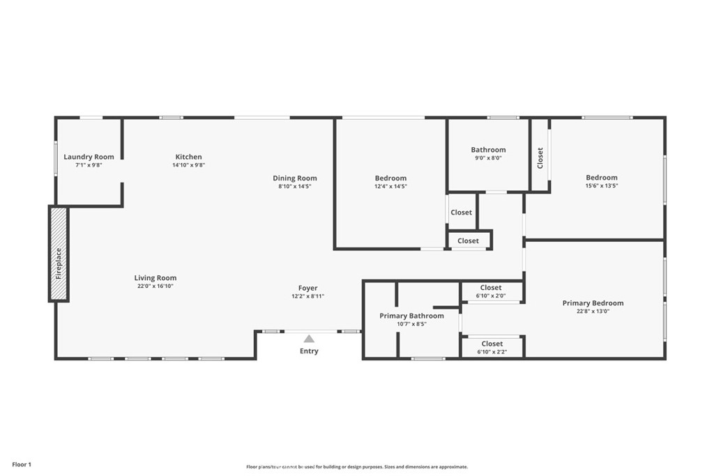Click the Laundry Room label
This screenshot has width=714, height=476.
pyautogui.click(x=89, y=157)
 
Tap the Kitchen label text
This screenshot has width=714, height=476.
pyautogui.click(x=188, y=157)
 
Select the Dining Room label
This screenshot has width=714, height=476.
pyautogui.click(x=294, y=178)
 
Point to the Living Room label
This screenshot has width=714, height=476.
pyautogui.click(x=155, y=278)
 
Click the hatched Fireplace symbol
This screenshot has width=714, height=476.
pyautogui.click(x=59, y=254)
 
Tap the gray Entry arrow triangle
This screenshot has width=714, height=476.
pyautogui.click(x=309, y=339)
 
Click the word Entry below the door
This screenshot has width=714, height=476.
pyautogui.click(x=309, y=351)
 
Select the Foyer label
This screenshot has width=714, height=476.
pyautogui.click(x=307, y=288)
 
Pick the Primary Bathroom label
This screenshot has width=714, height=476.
pyautogui.click(x=411, y=316)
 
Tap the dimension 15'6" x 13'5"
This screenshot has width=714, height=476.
pyautogui.click(x=601, y=186)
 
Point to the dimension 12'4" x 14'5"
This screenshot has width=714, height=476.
pyautogui.click(x=390, y=187)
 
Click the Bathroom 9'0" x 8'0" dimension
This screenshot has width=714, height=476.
pyautogui.click(x=488, y=158)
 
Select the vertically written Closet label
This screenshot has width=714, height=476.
pyautogui.click(x=540, y=158)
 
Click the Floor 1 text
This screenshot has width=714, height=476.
pyautogui.click(x=21, y=464)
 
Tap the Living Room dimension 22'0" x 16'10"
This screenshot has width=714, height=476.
pyautogui.click(x=155, y=286)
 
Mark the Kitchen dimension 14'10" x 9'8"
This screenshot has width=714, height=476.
pyautogui.click(x=188, y=165)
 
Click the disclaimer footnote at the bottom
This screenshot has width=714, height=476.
pyautogui.click(x=356, y=467)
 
